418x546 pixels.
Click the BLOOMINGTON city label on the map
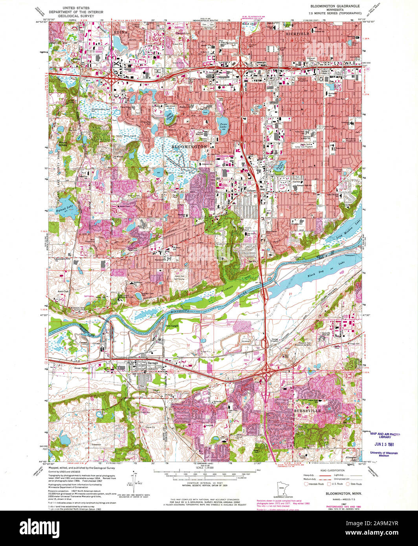189,146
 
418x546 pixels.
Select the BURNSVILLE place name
308,410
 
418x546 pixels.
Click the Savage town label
153,363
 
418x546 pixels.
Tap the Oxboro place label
251,191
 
